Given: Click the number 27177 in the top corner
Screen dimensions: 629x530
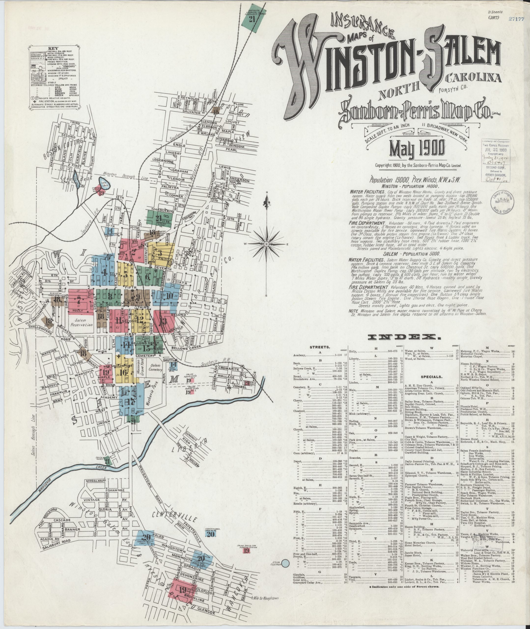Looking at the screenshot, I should [516, 18].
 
